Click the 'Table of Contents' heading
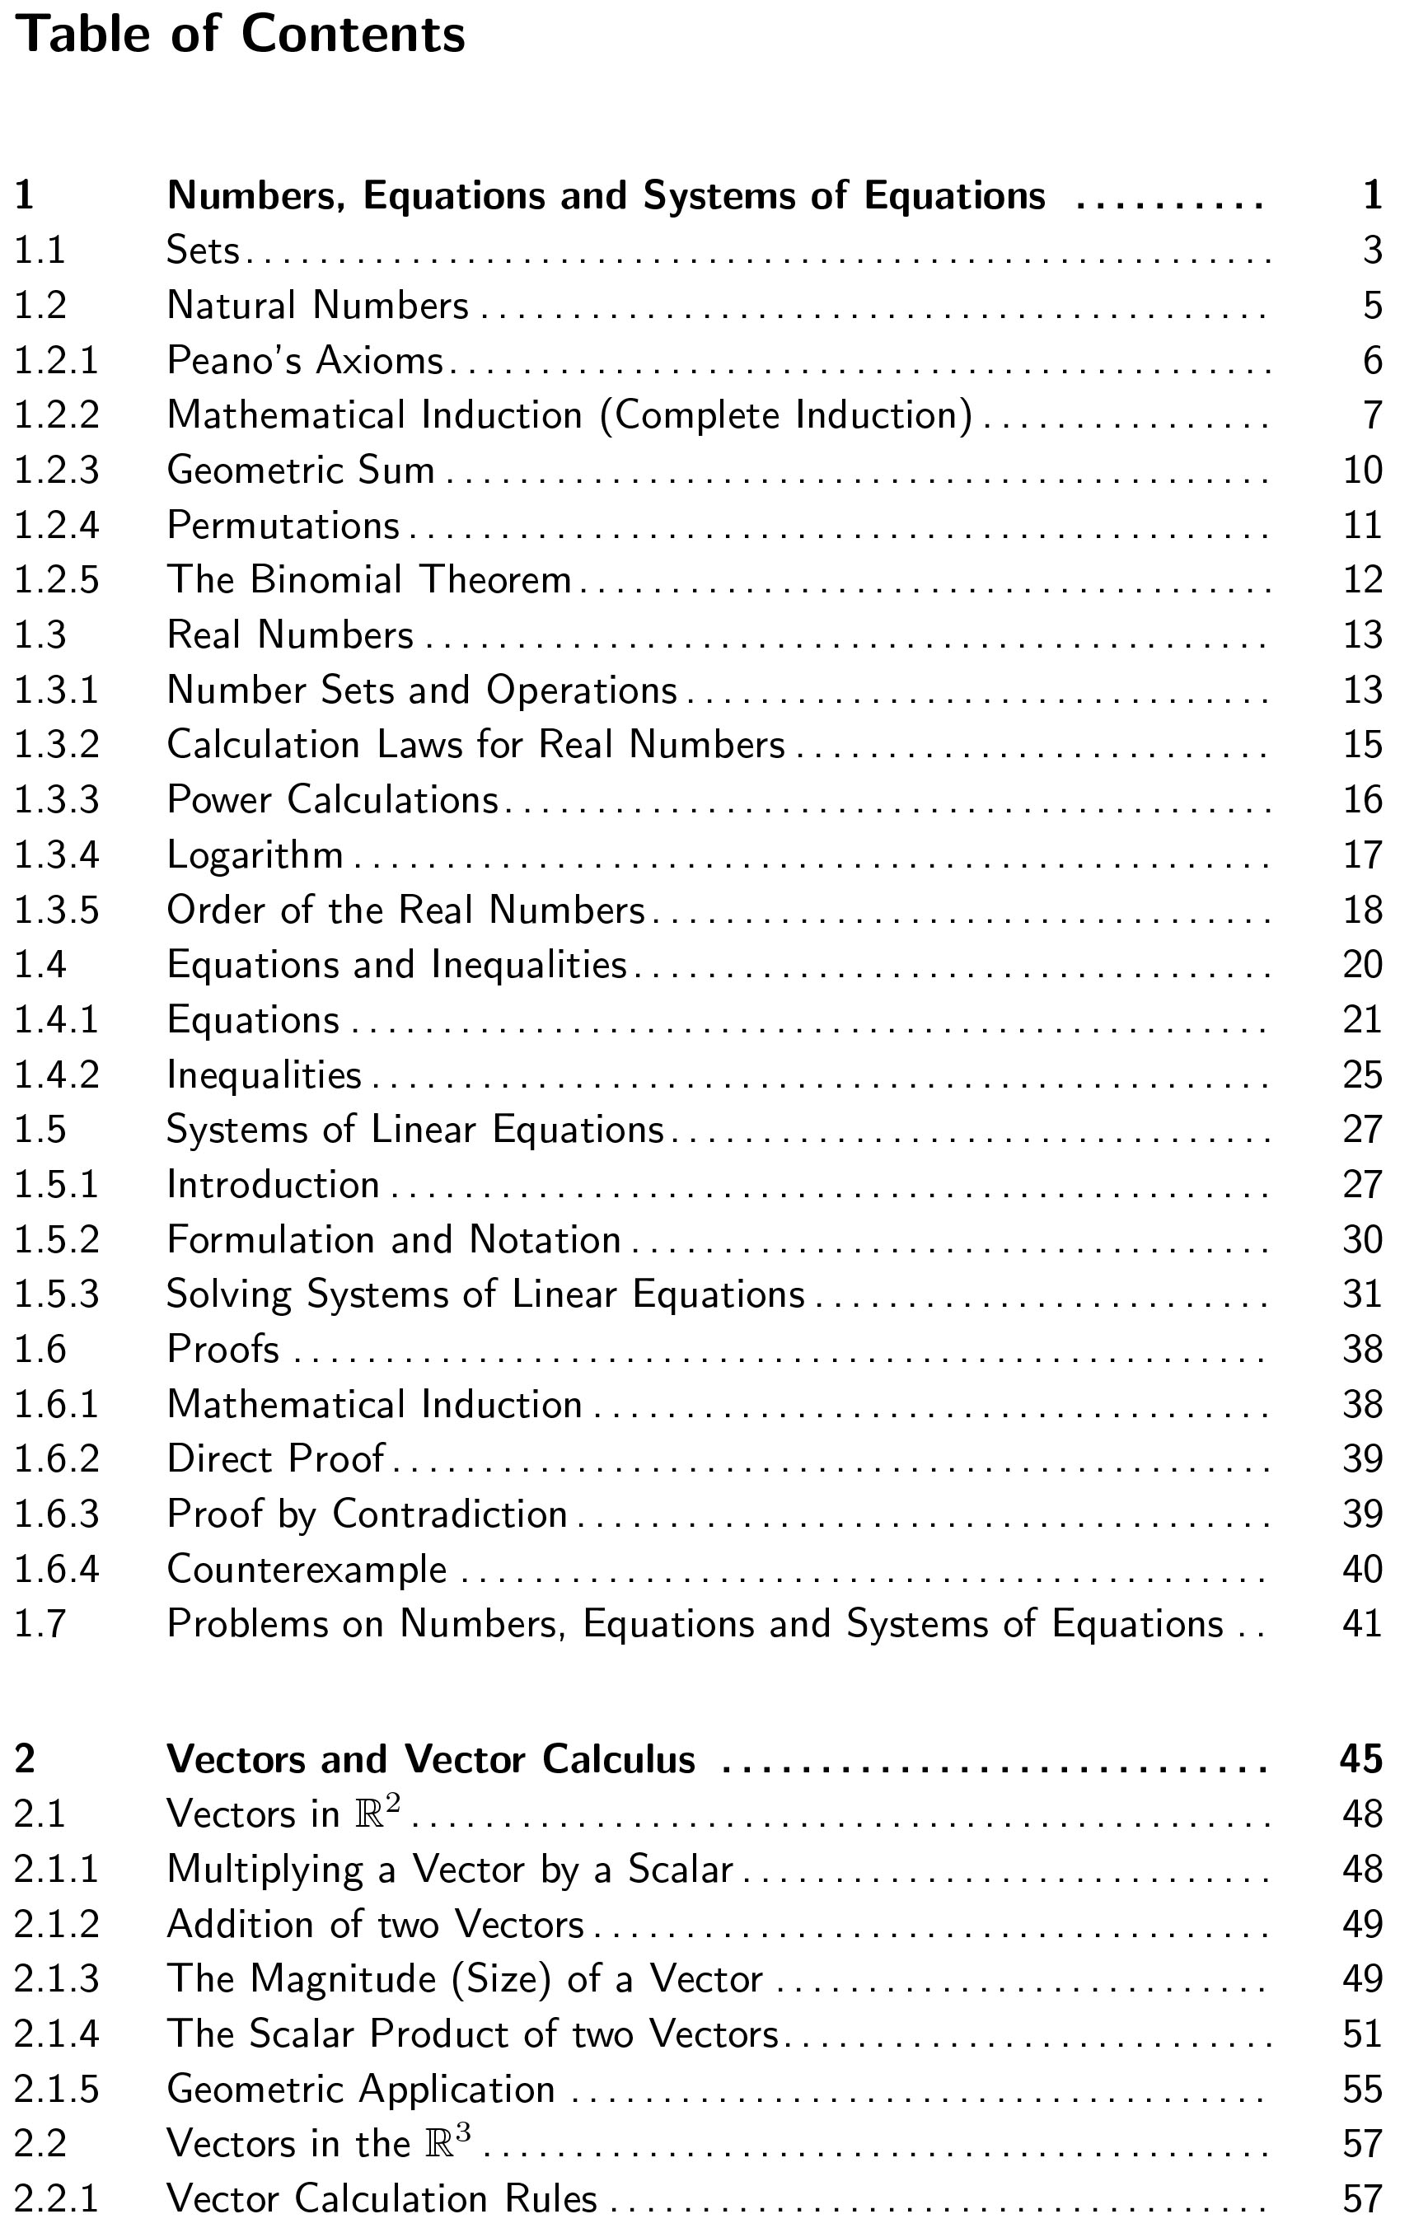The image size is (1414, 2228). coord(241,35)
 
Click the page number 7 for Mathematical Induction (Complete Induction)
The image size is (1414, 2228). coord(1372,415)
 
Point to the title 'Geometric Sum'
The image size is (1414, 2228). coord(301,470)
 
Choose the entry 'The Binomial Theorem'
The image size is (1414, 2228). coord(369,580)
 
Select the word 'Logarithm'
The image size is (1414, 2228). coord(255,855)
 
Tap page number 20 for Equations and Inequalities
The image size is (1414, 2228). coord(1362,965)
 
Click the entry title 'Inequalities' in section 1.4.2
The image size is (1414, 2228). coord(265,1075)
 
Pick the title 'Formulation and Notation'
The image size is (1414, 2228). coord(394,1240)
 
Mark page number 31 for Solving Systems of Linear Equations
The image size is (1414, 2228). coord(1362,1294)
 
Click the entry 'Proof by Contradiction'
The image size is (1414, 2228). coord(368,1514)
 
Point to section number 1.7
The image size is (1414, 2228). coord(40,1625)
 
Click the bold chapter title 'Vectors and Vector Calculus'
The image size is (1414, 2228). coord(431,1760)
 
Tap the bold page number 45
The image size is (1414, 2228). coord(1361,1760)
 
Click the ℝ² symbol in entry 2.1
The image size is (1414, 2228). coord(378,1813)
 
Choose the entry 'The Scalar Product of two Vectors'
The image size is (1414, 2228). coord(473,2034)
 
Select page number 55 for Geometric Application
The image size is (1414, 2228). coord(1362,2090)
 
